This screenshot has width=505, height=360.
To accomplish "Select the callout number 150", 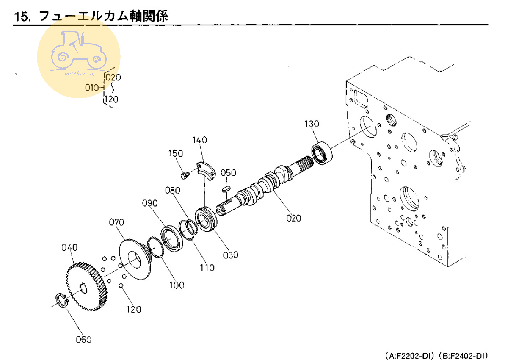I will pos(175,153).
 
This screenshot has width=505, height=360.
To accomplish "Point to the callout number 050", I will pos(228,173).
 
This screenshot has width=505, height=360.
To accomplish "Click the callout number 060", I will pos(83,339).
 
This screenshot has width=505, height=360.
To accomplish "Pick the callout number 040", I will pos(69,247).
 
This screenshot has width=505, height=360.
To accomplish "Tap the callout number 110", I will pos(207,268).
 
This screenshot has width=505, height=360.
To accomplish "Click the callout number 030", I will pos(231,255).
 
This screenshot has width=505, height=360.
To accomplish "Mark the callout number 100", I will pos(177,285).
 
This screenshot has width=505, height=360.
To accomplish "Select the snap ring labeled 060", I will pos(61,300).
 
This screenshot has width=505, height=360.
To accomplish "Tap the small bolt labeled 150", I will pos(184,175).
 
